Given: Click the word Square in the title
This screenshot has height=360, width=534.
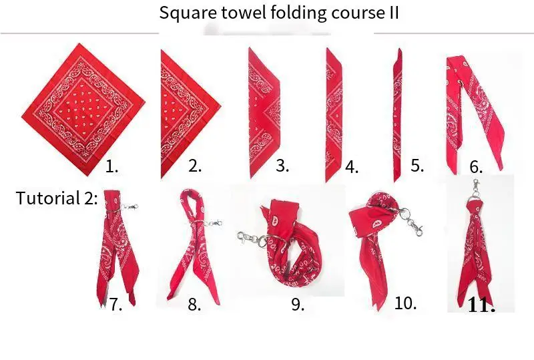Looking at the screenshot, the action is click(188, 13).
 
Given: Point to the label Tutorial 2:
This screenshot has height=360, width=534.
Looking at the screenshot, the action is click(57, 198).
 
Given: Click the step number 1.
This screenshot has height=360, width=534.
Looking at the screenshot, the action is click(112, 167).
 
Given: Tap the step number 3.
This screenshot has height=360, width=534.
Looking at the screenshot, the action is click(282, 166).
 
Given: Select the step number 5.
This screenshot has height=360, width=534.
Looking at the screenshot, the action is click(417, 166).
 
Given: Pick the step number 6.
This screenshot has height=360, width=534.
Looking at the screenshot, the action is click(476, 167).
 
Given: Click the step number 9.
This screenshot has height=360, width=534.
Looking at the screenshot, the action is click(298, 304).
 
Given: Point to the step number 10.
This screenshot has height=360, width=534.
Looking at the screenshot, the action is click(405, 303).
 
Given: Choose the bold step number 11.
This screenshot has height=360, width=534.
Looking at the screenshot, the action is click(481, 305).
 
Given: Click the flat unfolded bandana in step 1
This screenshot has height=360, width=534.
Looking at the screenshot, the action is click(83, 110).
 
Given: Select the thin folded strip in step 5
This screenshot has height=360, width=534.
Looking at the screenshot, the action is click(397, 115).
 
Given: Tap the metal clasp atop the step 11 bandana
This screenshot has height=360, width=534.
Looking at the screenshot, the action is click(476, 190).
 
